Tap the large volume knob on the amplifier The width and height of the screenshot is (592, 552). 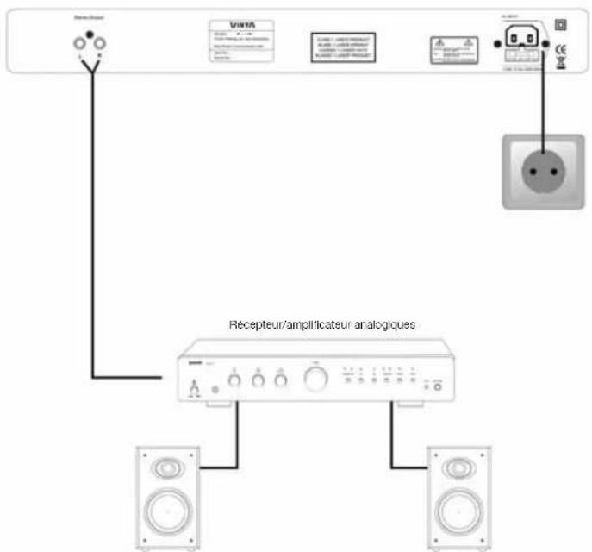[314, 379]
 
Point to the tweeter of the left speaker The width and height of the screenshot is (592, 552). [168, 470]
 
